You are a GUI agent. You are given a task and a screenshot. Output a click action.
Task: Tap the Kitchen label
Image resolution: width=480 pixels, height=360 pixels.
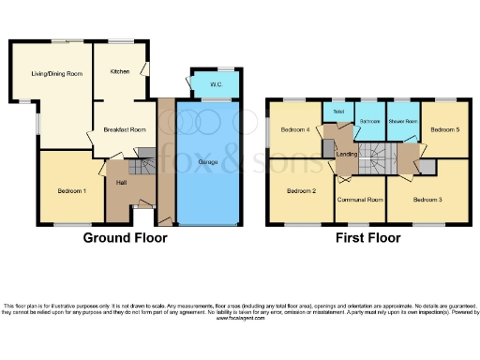119,71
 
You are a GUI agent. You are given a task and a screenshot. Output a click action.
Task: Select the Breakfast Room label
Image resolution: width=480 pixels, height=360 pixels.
127,129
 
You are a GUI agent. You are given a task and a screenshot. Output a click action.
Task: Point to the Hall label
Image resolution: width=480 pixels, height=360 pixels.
122,182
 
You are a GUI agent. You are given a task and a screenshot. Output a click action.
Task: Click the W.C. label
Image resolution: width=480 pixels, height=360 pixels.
216,85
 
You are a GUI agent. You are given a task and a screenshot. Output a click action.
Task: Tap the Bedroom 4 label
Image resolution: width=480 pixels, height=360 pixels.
294,129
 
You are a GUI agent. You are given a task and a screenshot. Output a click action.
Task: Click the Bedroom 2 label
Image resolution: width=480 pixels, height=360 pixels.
300,190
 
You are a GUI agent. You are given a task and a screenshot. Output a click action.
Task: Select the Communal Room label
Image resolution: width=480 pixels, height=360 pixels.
362,199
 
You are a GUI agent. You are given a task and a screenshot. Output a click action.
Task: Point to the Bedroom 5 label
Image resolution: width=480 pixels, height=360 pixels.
443,129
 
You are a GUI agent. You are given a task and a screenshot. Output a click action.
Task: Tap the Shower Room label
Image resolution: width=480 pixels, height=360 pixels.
403,121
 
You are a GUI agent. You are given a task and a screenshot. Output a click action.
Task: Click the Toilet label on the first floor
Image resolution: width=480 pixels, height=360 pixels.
334,110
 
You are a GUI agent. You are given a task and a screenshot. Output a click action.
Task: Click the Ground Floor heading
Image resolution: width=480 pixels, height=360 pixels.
126,238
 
